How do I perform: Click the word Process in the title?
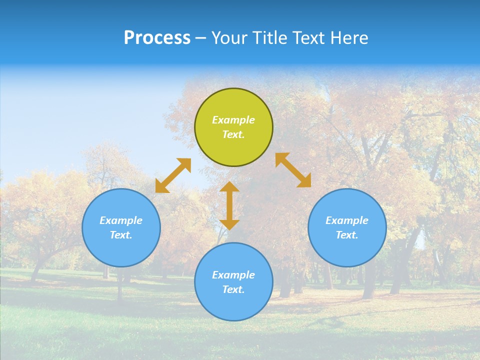point(157,38)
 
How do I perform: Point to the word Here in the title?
point(349,38)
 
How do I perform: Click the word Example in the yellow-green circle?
point(233,120)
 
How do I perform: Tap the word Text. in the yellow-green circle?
point(233,134)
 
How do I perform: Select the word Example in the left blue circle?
point(121,220)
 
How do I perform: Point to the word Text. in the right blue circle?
point(347,235)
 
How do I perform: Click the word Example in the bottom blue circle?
point(233,275)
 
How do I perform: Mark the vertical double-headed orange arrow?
point(229,205)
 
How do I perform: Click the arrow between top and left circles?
point(173,175)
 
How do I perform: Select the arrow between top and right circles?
point(293,170)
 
